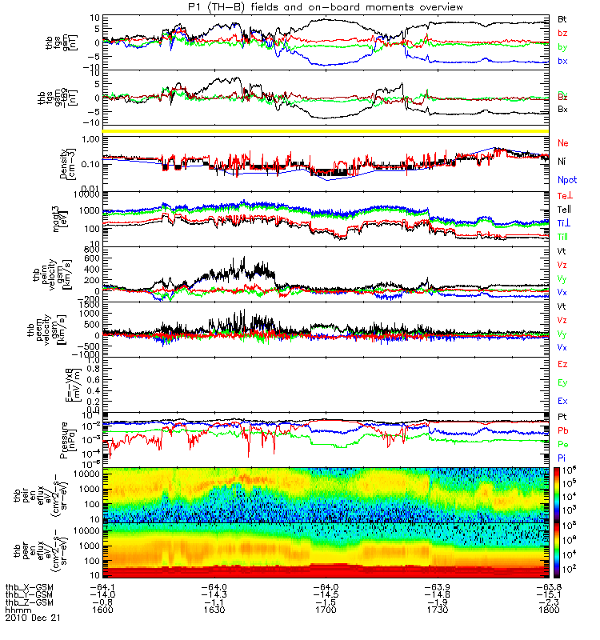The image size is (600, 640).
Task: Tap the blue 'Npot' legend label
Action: (565, 181)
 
